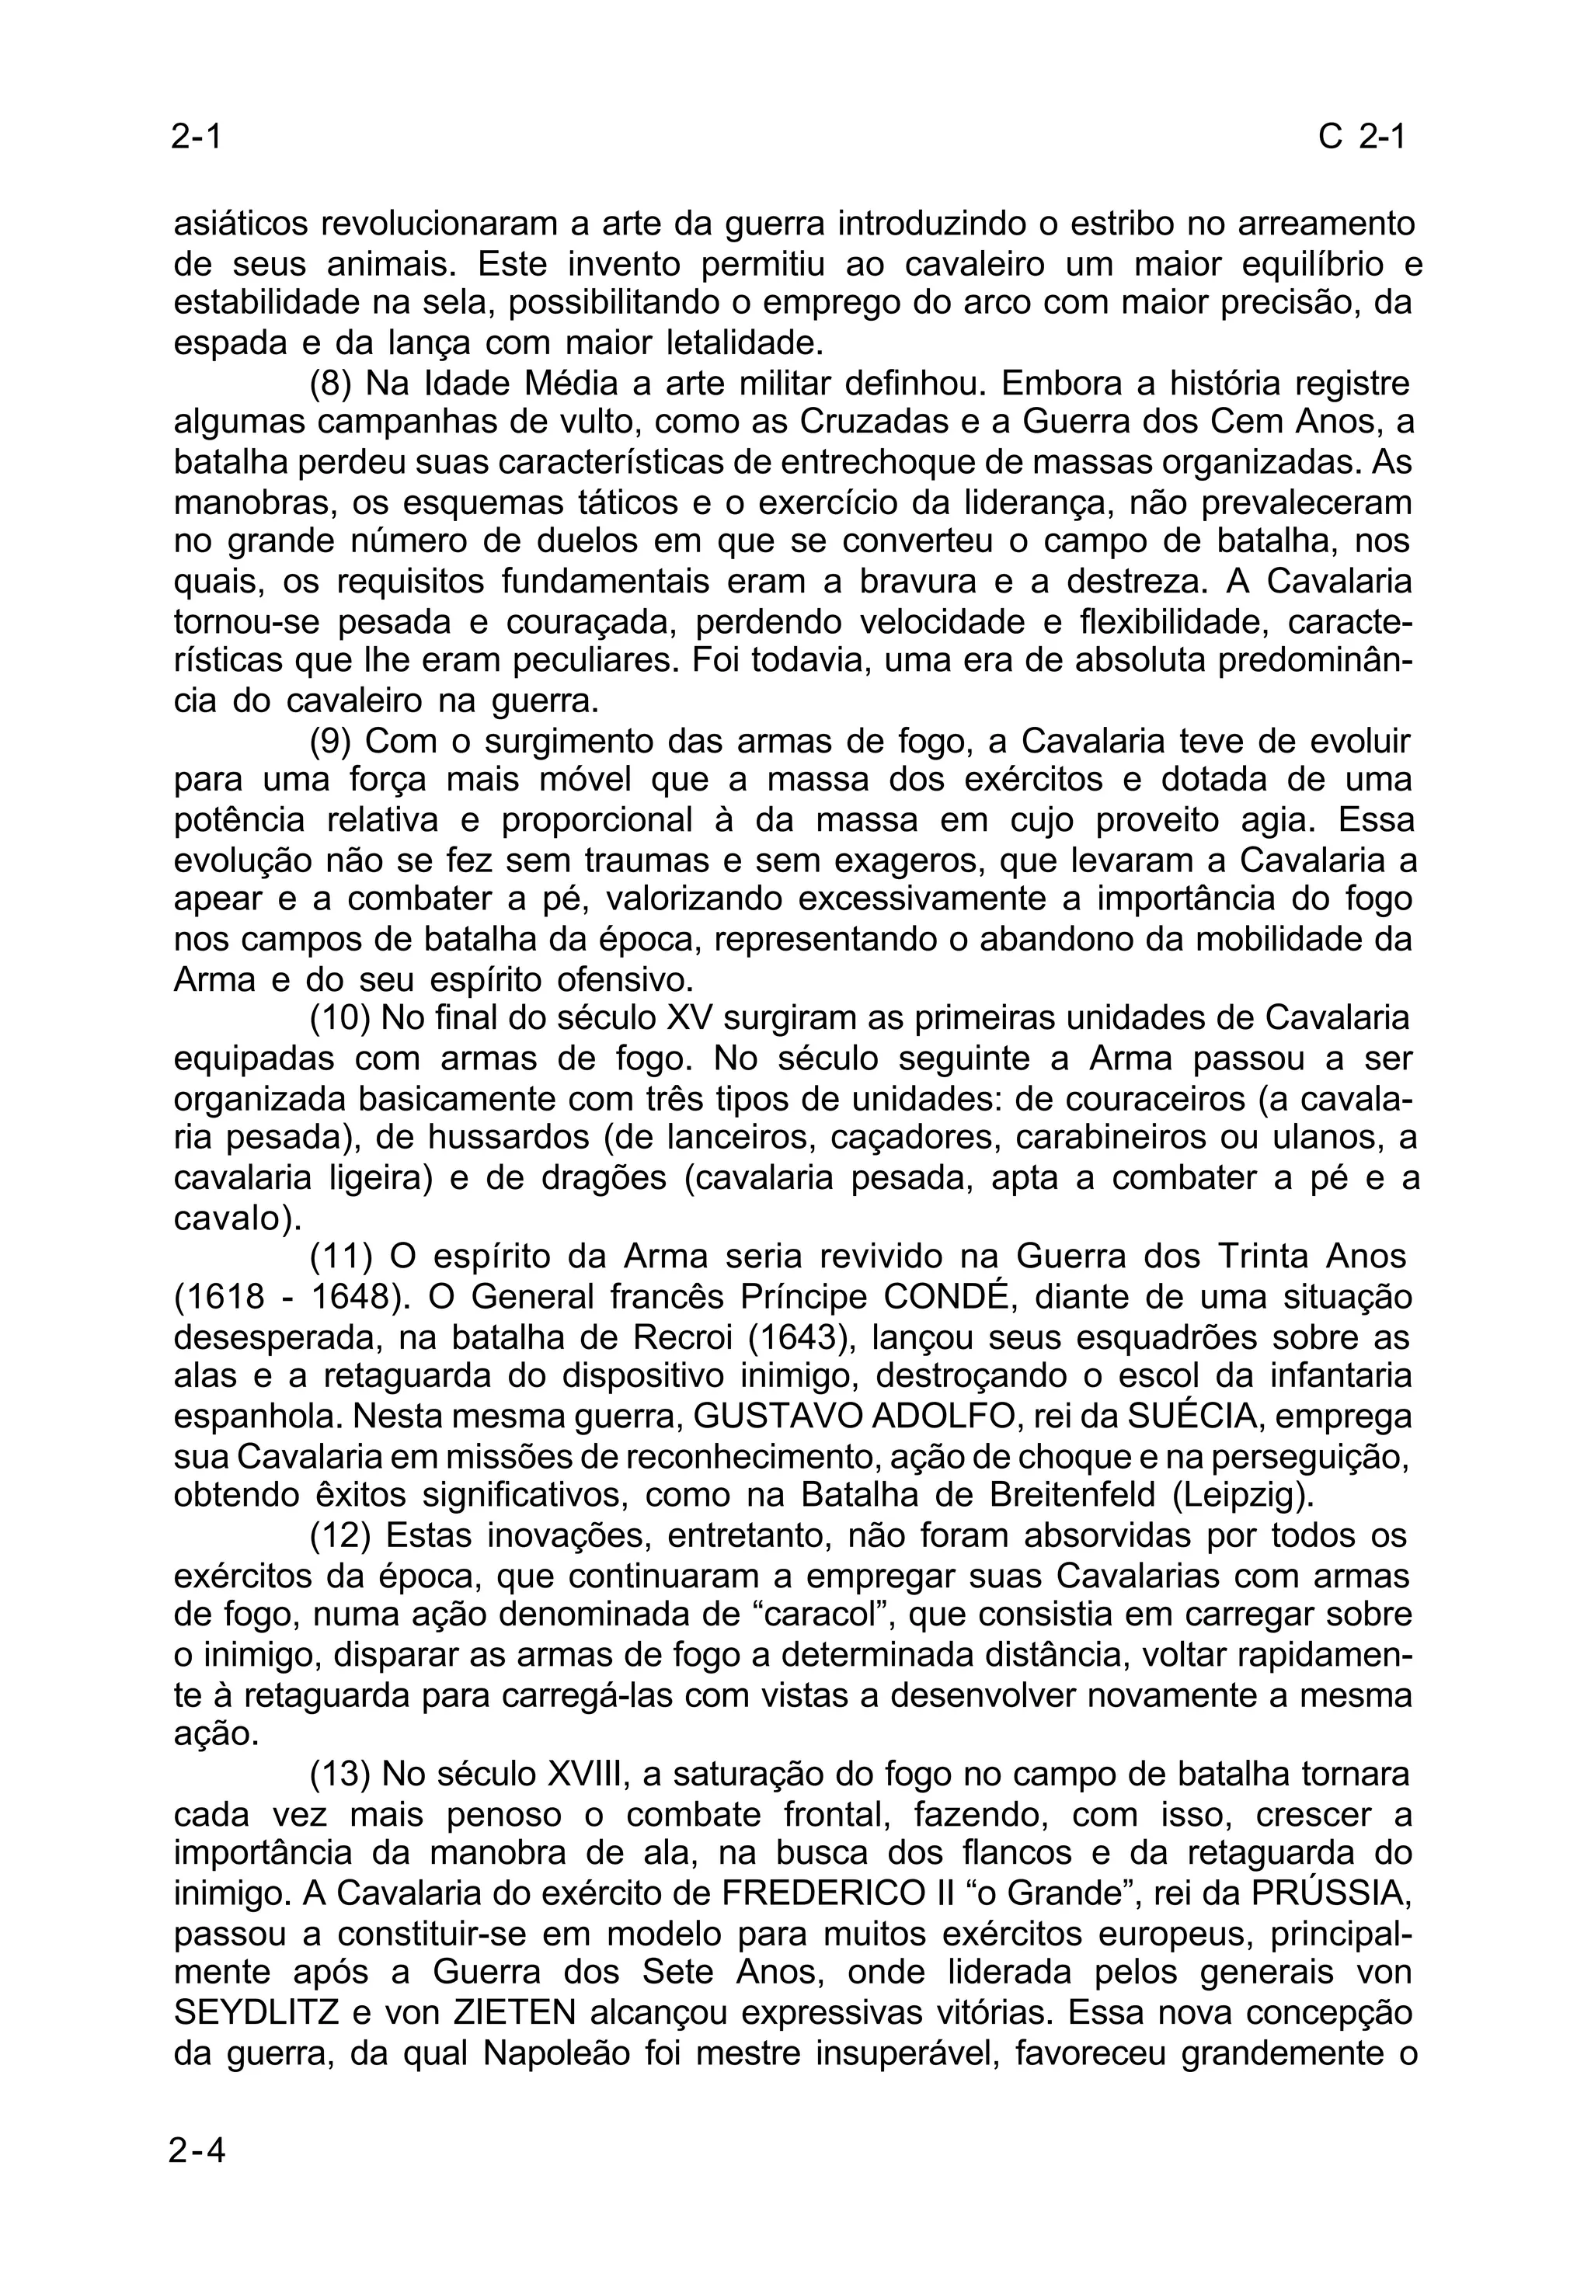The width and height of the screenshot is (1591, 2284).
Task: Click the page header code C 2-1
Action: pyautogui.click(x=1360, y=137)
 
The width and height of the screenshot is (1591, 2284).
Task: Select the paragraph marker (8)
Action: pyautogui.click(x=330, y=383)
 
